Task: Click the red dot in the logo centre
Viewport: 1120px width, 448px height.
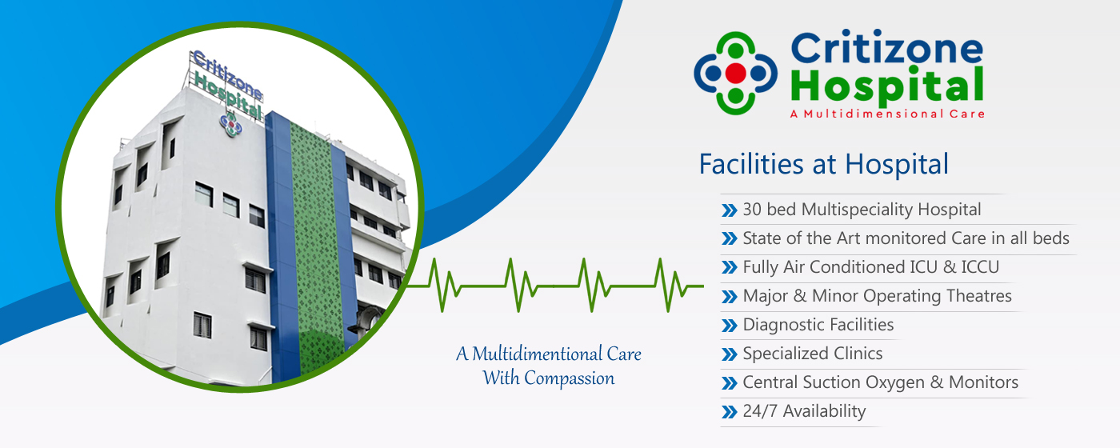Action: click(735, 73)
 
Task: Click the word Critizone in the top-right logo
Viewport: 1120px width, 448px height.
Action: click(887, 48)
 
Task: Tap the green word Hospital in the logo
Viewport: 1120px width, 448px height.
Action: click(887, 86)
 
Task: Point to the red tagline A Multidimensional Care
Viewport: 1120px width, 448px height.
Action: click(887, 114)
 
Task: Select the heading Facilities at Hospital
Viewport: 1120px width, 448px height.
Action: click(823, 163)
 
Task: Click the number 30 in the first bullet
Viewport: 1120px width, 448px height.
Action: click(752, 209)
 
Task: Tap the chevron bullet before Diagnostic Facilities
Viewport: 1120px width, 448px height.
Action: click(730, 326)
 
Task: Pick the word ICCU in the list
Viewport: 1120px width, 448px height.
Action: click(980, 267)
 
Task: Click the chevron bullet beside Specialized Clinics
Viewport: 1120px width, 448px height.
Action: click(730, 354)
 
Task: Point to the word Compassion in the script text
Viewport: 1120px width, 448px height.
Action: click(570, 378)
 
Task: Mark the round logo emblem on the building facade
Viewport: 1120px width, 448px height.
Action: click(230, 124)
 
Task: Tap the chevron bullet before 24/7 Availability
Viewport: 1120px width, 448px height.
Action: click(730, 412)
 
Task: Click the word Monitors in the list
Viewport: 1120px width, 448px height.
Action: click(983, 382)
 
